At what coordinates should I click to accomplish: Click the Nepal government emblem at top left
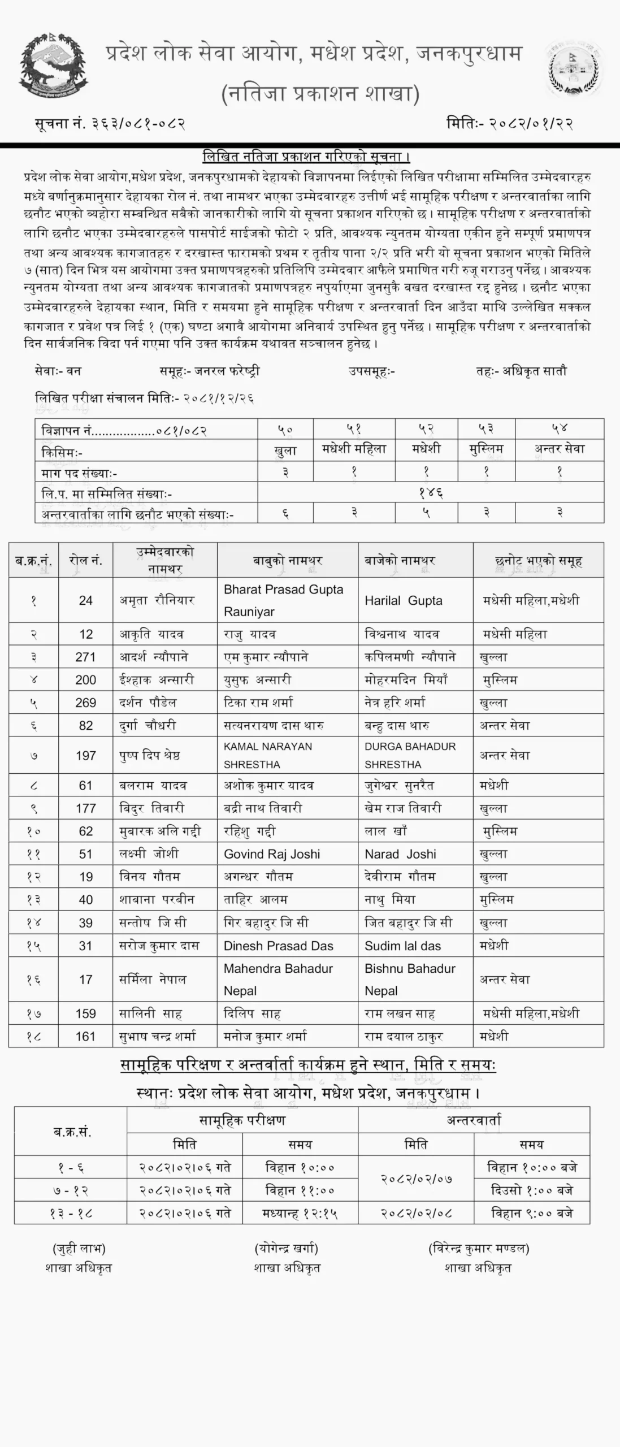[54, 65]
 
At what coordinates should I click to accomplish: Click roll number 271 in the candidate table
[85, 657]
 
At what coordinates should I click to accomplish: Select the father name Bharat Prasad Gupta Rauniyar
[283, 600]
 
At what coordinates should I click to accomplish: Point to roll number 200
[85, 680]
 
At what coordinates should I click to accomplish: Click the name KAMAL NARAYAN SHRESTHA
[267, 755]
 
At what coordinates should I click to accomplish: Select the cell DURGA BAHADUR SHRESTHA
[410, 755]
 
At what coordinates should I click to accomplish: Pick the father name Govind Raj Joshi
[271, 854]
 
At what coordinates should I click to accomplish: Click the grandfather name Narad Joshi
[400, 854]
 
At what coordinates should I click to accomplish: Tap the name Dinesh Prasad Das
[278, 946]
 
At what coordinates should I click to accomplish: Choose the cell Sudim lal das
[402, 946]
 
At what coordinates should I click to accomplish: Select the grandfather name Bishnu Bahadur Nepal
[410, 980]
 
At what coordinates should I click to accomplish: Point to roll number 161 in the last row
[85, 1037]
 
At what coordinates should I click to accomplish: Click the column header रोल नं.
[85, 561]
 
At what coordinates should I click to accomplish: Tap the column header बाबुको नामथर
[287, 561]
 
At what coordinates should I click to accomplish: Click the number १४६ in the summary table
[431, 493]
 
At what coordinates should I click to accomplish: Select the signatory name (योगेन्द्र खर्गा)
[286, 1248]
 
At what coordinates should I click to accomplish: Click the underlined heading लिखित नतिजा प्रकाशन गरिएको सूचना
[306, 157]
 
